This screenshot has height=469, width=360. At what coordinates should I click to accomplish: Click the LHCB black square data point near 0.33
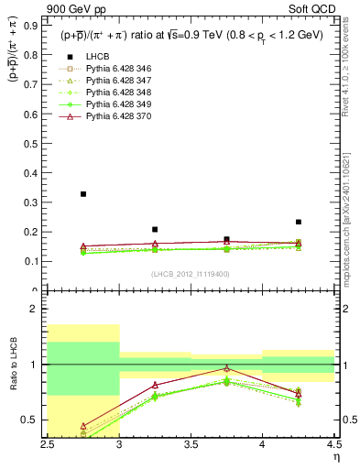pyautogui.click(x=83, y=194)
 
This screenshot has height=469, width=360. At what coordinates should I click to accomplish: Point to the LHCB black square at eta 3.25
pyautogui.click(x=155, y=230)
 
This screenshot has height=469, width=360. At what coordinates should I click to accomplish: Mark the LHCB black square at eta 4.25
pyautogui.click(x=298, y=222)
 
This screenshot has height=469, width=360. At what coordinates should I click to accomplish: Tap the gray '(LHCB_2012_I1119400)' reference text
pyautogui.click(x=191, y=274)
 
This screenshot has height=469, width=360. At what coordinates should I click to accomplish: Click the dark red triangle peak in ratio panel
pyautogui.click(x=226, y=368)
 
